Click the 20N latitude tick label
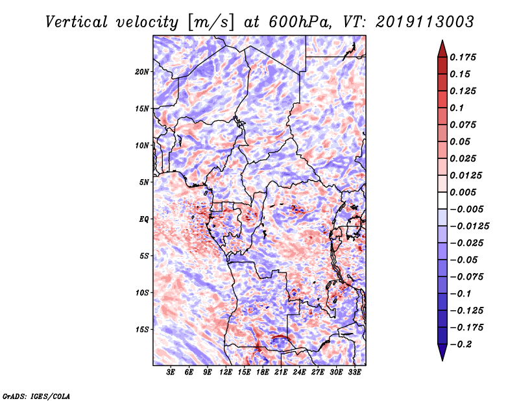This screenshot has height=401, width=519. [142, 71]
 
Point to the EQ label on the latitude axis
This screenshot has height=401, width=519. [143, 219]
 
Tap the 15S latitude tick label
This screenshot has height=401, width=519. [142, 330]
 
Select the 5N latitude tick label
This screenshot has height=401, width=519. [144, 182]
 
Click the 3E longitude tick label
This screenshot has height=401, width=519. [171, 372]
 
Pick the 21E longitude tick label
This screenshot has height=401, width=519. [281, 372]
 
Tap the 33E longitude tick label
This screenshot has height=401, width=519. [354, 372]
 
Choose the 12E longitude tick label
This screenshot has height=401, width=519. [226, 372]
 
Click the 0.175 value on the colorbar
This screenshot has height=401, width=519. [464, 57]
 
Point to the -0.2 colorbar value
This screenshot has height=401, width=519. [463, 345]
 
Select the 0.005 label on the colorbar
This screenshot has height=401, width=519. [464, 192]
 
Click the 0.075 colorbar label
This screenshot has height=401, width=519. [464, 125]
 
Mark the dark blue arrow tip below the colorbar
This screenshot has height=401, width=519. [442, 358]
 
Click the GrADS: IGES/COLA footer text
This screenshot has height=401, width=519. [36, 395]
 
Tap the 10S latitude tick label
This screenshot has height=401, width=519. [142, 293]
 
